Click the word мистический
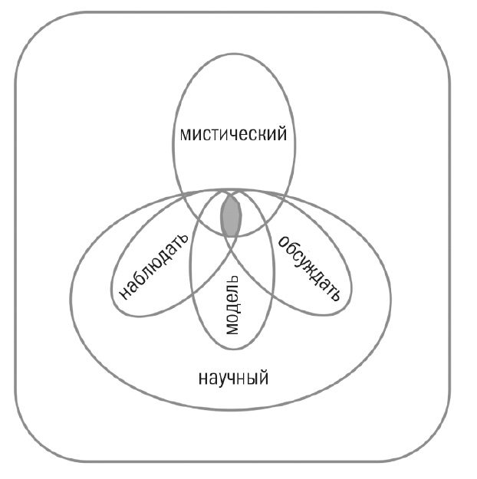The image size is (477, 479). pyautogui.click(x=233, y=135)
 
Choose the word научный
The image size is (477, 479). pyautogui.click(x=233, y=377)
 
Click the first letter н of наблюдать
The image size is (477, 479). pyautogui.click(x=123, y=294)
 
